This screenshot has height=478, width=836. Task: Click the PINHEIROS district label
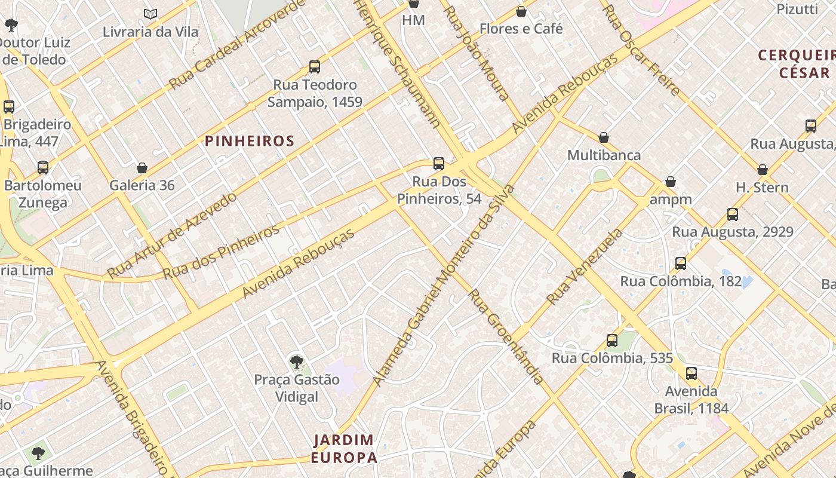[250, 141]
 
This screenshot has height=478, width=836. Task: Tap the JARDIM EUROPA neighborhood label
[344, 449]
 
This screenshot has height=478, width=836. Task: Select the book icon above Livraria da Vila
[150, 13]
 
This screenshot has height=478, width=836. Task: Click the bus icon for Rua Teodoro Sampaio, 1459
[315, 67]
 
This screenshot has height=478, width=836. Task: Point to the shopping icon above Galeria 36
[142, 168]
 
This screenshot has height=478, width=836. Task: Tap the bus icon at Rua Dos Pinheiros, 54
[439, 164]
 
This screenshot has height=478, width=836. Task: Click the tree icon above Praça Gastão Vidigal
[296, 361]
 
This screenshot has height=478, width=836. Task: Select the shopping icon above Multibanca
[604, 137]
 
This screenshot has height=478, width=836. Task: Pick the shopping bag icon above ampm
[671, 182]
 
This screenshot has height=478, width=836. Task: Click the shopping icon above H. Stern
[762, 170]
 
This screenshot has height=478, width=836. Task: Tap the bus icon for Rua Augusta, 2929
[733, 214]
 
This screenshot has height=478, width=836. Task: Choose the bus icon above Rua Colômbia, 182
[680, 263]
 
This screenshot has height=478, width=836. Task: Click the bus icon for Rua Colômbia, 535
[612, 341]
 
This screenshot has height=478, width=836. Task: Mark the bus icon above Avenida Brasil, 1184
[691, 373]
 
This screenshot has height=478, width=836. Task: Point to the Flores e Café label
[521, 28]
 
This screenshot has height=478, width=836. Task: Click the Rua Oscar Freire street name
[641, 50]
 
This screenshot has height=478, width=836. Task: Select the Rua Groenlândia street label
[505, 336]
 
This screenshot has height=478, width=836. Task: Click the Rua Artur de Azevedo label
[172, 235]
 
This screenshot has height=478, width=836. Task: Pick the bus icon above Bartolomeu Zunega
[43, 168]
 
